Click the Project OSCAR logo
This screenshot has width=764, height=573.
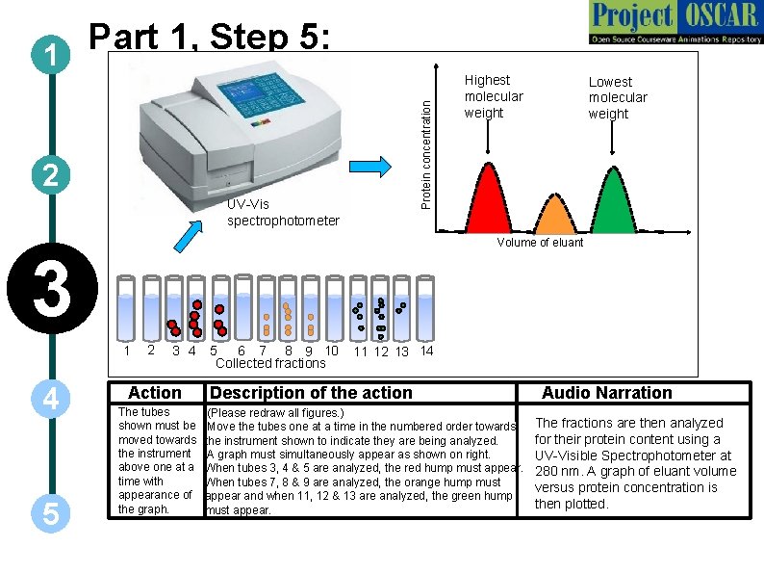click(672, 23)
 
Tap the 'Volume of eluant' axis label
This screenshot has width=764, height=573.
click(540, 243)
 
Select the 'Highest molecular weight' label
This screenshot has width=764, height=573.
click(494, 96)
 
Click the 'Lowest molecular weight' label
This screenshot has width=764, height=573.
click(618, 97)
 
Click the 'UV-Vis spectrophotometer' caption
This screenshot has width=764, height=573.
click(283, 212)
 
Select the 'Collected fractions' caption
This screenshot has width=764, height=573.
click(270, 363)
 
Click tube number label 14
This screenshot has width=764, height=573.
click(427, 351)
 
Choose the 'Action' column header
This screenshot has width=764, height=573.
click(154, 392)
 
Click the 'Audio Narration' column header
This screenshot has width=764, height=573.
click(606, 392)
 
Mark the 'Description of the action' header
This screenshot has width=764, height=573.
click(311, 392)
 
